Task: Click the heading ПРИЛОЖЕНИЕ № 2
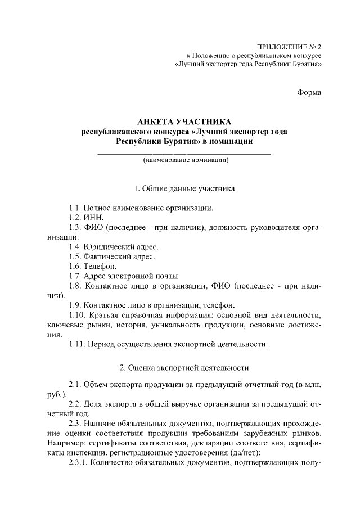tap(289, 47)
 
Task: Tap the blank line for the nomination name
tap(184, 153)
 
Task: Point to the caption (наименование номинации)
tap(184, 160)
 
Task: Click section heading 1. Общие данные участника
tap(184, 188)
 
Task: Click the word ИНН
tap(93, 218)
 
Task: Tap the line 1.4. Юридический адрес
tap(113, 246)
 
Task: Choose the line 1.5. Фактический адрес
tap(111, 256)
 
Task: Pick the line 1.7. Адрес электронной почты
tap(124, 276)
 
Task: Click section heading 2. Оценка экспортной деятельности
tap(184, 368)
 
